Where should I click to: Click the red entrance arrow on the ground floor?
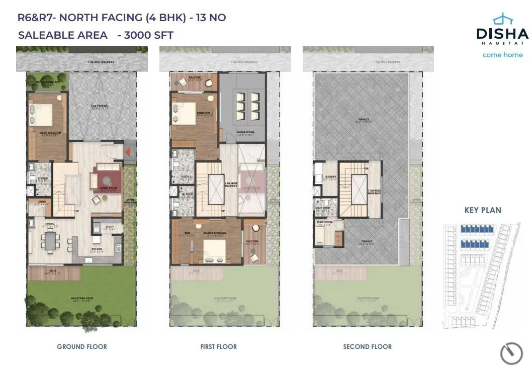128,152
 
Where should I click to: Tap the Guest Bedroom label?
48,133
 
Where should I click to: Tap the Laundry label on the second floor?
330,177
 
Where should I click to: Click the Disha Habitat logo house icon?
502,20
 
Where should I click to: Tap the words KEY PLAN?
483,210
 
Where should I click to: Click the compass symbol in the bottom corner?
511,353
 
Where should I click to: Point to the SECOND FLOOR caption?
367,346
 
